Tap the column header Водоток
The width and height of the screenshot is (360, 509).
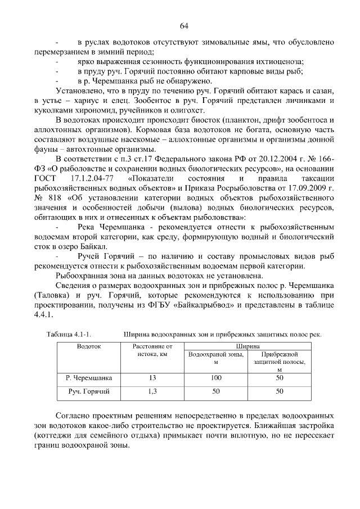[89, 346]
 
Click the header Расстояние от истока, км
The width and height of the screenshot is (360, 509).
[152, 350]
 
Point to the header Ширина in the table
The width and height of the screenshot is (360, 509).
[247, 346]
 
